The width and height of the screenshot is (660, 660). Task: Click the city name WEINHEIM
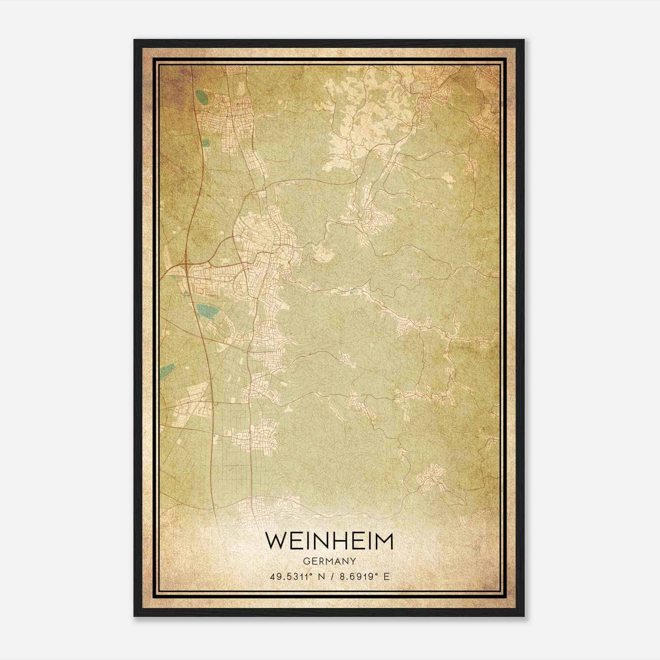[329, 541]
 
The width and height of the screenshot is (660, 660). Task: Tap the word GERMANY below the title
[329, 561]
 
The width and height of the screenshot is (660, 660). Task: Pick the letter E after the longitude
[386, 577]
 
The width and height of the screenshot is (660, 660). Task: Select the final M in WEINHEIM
[383, 541]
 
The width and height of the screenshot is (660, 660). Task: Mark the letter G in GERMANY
[305, 561]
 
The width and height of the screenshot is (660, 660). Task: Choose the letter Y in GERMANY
[354, 561]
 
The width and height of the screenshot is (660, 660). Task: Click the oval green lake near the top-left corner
[202, 97]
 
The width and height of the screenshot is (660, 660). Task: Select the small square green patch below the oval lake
[206, 143]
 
